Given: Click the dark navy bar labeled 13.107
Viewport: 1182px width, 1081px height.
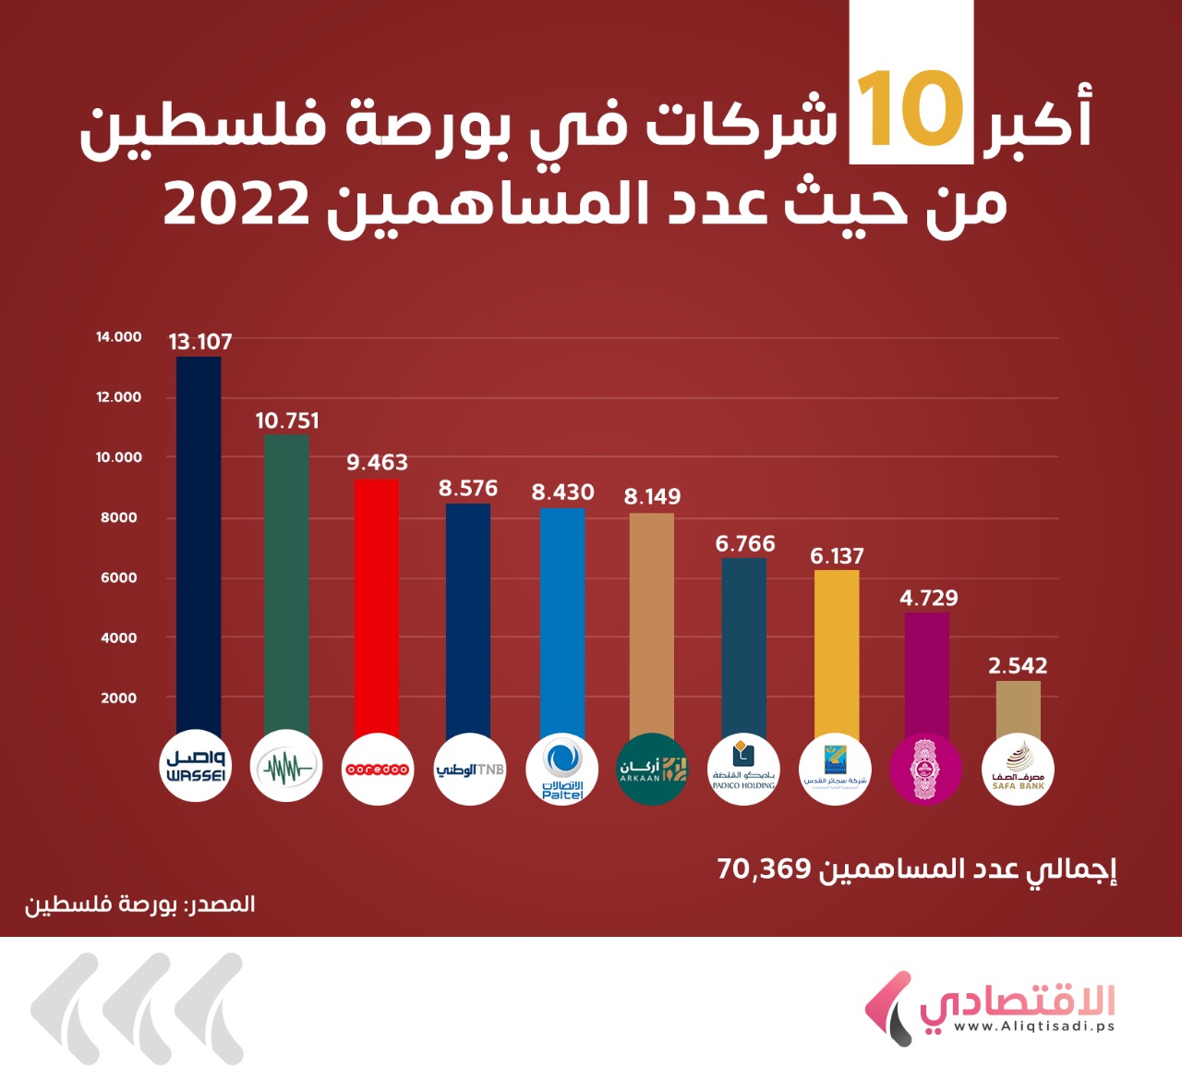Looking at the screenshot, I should point(199,545).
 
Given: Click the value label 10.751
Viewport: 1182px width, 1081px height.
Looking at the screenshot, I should point(287,421).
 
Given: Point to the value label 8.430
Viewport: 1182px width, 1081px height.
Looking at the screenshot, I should point(562,492).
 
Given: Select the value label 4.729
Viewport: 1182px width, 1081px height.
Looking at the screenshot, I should point(928,599).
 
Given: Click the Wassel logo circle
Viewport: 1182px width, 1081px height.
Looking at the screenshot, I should point(196,767).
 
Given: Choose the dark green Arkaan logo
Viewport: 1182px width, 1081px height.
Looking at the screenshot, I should point(653,770).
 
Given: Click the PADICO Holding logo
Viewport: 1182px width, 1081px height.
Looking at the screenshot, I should point(744,770).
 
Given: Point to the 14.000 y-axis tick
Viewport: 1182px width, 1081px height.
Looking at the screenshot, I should point(119,337).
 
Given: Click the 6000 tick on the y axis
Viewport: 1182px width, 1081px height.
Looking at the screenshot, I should point(119,577).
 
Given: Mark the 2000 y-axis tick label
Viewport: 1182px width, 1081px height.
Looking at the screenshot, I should point(119,698).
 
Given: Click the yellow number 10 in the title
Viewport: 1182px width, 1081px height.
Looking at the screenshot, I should point(911,110).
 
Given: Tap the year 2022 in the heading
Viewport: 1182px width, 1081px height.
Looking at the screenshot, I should point(236,204).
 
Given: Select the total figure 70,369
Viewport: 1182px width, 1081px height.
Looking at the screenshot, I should point(764,869).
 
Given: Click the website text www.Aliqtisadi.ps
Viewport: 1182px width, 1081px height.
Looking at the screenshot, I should point(1034,1026).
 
